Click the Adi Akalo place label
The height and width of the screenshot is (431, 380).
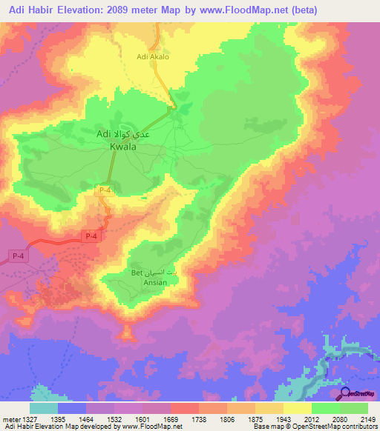(154, 56)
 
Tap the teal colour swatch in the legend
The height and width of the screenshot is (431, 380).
(43, 407)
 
